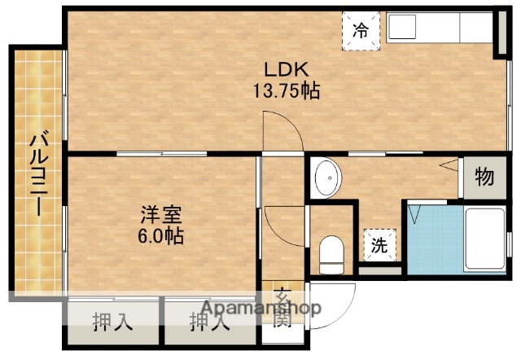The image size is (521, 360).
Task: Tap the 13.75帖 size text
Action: [286, 90]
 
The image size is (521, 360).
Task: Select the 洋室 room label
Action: [160, 216]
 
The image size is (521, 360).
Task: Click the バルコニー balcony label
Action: [37, 174]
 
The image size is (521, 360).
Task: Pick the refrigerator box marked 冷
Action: [360, 31]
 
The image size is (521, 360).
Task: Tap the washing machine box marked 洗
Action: [379, 244]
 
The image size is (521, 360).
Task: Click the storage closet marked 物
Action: [484, 177]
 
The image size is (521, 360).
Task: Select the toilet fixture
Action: [332, 254]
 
